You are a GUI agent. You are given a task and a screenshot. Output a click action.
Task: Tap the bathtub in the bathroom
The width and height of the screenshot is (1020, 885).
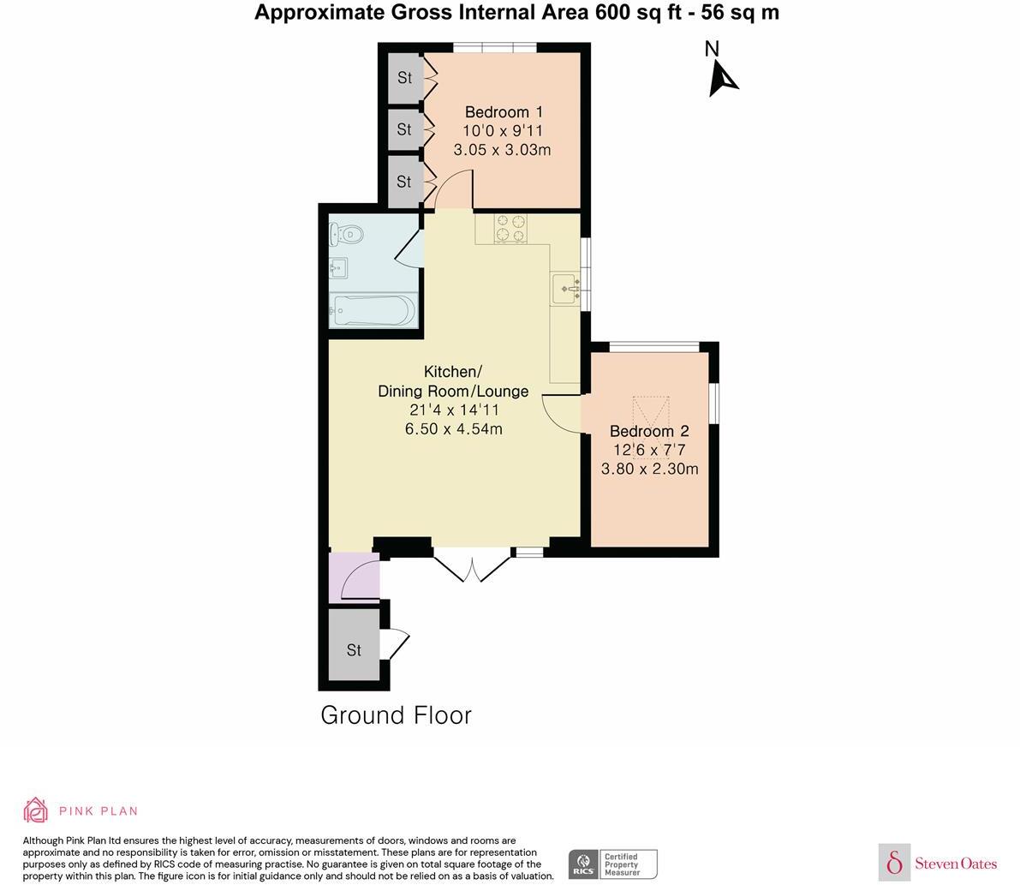click(x=373, y=310)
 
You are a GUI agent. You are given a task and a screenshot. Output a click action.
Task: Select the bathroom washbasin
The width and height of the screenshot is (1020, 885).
click(x=338, y=269)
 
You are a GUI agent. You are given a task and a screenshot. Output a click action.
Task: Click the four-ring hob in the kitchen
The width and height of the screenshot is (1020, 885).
click(x=510, y=229)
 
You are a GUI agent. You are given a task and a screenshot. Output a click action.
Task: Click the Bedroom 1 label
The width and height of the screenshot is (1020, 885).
click(x=504, y=112)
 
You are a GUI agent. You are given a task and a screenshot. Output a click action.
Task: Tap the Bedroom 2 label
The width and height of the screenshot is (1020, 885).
click(x=649, y=432)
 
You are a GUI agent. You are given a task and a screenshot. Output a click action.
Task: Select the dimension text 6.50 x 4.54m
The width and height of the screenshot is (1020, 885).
click(x=453, y=428)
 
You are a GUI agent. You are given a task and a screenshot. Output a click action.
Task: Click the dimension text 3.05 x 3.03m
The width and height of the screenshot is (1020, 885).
click(x=502, y=150)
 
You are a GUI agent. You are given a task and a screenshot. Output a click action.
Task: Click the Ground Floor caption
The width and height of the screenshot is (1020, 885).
click(x=396, y=715)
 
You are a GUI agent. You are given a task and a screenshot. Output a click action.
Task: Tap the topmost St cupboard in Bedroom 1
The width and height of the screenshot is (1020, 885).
click(x=404, y=78)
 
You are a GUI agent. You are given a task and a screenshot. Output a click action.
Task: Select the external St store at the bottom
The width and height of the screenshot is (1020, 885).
click(x=354, y=650)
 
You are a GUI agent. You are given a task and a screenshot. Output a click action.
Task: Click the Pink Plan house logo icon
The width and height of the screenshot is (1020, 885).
click(x=36, y=810)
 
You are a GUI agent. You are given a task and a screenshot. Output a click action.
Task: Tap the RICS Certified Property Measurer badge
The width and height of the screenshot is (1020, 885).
click(x=612, y=864)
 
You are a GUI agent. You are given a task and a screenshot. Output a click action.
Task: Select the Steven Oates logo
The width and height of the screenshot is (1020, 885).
click(x=939, y=863)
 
